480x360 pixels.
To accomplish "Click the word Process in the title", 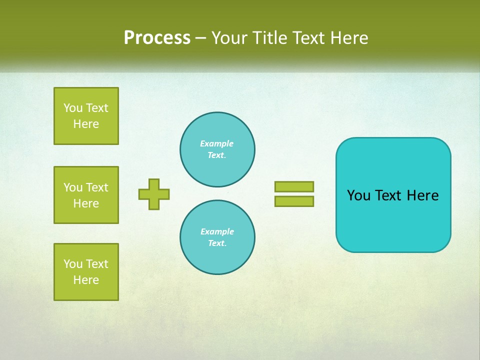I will pyautogui.click(x=157, y=38).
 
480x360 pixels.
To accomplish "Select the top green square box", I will pyautogui.click(x=86, y=116).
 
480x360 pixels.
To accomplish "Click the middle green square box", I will pyautogui.click(x=86, y=195).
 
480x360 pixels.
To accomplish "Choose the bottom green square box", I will pyautogui.click(x=86, y=272).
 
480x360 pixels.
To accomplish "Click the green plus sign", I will pyautogui.click(x=154, y=194).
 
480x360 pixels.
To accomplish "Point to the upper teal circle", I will pyautogui.click(x=217, y=149).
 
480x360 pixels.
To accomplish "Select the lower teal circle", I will pyautogui.click(x=217, y=237).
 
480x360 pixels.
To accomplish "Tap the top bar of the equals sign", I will pyautogui.click(x=294, y=186).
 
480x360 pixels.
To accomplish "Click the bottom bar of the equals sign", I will pyautogui.click(x=294, y=201).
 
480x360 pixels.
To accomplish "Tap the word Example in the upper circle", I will pyautogui.click(x=217, y=143).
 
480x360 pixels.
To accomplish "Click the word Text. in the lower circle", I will pyautogui.click(x=217, y=243).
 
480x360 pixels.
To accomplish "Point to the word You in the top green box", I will pyautogui.click(x=72, y=108).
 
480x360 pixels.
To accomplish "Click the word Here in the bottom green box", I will pyautogui.click(x=86, y=280).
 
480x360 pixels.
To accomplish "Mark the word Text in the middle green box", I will pyautogui.click(x=97, y=187).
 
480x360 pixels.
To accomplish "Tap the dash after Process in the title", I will pyautogui.click(x=200, y=38).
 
